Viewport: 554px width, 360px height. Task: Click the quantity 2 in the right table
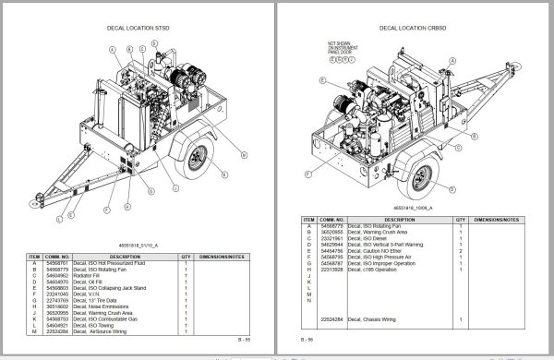click(460, 250)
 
